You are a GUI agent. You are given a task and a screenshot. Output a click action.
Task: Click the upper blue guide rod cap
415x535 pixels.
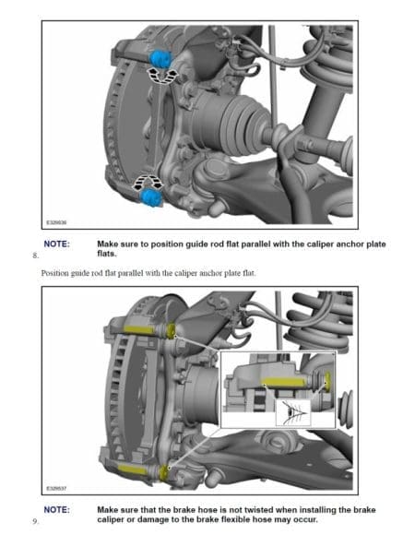point(160,59)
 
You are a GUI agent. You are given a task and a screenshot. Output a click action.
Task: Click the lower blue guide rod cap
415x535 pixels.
point(150,197)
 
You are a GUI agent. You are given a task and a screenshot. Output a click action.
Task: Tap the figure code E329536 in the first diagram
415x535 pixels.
point(56,222)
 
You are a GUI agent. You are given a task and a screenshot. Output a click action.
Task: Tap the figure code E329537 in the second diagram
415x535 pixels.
point(56,488)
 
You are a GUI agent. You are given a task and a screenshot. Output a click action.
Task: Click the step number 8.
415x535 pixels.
point(35,256)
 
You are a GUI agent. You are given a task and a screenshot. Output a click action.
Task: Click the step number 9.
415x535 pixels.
point(35,521)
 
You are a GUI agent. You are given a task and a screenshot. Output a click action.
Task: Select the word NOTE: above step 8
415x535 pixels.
point(56,244)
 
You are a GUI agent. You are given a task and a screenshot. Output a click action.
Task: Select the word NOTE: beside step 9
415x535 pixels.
point(56,510)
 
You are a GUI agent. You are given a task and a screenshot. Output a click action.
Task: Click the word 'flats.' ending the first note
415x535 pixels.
point(107,254)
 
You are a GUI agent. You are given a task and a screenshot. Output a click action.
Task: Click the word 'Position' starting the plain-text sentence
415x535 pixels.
point(54,273)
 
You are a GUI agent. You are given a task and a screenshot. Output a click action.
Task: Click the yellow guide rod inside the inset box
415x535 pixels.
point(284,383)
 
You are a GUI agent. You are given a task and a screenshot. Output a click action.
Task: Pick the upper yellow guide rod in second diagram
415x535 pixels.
point(139,329)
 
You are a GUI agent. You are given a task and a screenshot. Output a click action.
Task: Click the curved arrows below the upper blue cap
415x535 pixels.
point(162,76)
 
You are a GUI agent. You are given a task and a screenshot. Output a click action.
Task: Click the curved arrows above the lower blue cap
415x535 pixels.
point(148,182)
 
